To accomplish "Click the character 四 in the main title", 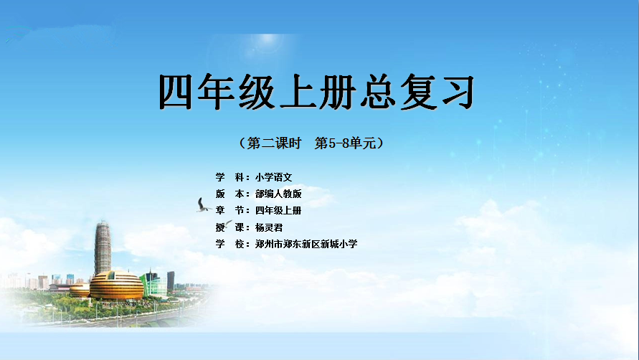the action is pos(175,92).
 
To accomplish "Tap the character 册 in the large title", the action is pos(336,92).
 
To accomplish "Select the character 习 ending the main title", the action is pos(458,92).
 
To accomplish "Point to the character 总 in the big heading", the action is pos(376,92).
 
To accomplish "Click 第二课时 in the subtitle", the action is pos(274,143).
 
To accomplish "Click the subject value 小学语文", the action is pos(274,177).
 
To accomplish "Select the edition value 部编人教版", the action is pos(278,194).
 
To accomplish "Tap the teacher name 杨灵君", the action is pos(269,227).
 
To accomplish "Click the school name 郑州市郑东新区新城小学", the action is pos(306,245).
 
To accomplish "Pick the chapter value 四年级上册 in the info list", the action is pos(278,211).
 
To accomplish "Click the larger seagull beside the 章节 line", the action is pos(204,205).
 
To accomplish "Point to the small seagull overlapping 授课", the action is pos(228,224).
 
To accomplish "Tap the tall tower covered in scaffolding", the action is pos(103,248).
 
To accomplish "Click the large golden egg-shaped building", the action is pos(117,285).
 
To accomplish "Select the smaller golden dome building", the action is pos(80,290).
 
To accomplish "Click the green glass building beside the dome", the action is pos(153,283).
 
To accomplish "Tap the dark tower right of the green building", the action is pos(171,280).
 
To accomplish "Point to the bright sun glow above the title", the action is pos(268,40).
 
